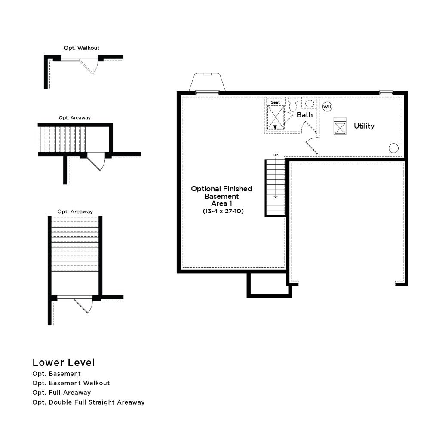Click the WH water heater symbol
(327, 107)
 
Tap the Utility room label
(364, 126)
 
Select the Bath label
(304, 115)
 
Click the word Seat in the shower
(275, 102)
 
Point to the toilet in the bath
(293, 104)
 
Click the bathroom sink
(309, 103)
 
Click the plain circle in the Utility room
(393, 148)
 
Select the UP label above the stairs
(276, 155)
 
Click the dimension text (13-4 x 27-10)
(223, 211)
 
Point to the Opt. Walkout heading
(81, 48)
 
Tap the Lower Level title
(64, 362)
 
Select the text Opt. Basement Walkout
(71, 383)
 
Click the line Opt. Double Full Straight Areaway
(88, 402)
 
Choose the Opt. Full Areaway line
(61, 393)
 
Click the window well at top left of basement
(207, 82)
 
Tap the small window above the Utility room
(386, 93)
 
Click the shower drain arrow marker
(275, 127)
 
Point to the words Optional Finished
(221, 189)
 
